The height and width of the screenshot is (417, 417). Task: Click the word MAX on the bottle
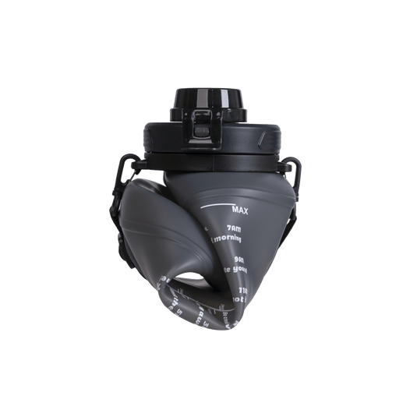tap(241, 209)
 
